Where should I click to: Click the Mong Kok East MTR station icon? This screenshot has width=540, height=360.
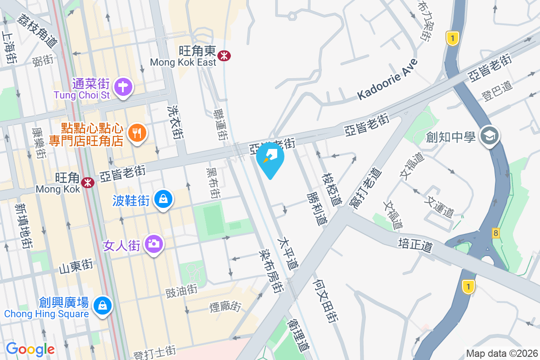(224, 55)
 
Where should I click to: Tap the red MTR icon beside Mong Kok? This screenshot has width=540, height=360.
(87, 182)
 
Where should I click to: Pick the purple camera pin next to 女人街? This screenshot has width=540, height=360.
(154, 244)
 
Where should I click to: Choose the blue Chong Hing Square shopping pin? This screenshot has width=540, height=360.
(103, 306)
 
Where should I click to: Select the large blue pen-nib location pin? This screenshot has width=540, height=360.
(270, 158)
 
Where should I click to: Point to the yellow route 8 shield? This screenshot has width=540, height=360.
(495, 233)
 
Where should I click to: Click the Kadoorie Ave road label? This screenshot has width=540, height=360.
(387, 79)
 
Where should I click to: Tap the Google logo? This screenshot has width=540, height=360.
(30, 348)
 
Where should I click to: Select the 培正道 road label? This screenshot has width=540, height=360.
(415, 245)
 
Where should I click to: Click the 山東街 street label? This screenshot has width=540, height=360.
(76, 265)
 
